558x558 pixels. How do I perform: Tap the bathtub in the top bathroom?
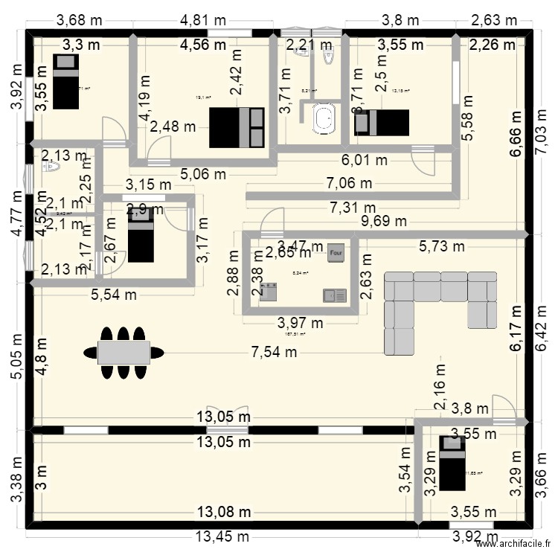pyautogui.click(x=324, y=119)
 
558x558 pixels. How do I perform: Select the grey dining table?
pyautogui.click(x=124, y=352)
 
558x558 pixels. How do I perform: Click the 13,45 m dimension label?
pyautogui.click(x=222, y=537)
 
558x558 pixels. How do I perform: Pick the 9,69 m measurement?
pyautogui.click(x=385, y=220)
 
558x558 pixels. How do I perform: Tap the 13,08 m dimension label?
pyautogui.click(x=223, y=512)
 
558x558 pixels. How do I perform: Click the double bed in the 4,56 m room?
pyautogui.click(x=237, y=127)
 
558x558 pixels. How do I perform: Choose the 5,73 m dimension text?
pyautogui.click(x=442, y=246)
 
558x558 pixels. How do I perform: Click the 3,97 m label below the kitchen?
pyautogui.click(x=301, y=323)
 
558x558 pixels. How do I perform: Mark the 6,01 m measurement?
pyautogui.click(x=365, y=159)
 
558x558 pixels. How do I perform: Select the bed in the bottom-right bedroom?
pyautogui.click(x=452, y=464)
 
